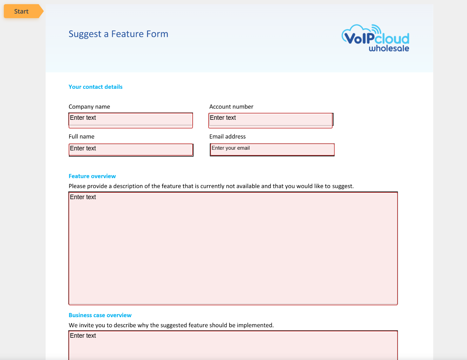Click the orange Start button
click(22, 11)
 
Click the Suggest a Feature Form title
click(118, 34)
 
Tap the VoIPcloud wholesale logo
click(375, 38)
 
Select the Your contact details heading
click(95, 87)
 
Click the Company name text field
click(131, 120)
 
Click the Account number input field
click(271, 120)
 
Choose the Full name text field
click(131, 149)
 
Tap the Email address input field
click(272, 149)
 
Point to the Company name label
click(89, 107)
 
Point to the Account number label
click(231, 107)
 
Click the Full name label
click(81, 137)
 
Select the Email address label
click(227, 137)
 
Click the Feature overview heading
click(92, 177)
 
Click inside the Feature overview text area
click(233, 248)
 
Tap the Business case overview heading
click(100, 315)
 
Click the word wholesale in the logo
click(389, 48)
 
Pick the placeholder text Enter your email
click(231, 148)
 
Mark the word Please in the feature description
click(77, 186)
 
